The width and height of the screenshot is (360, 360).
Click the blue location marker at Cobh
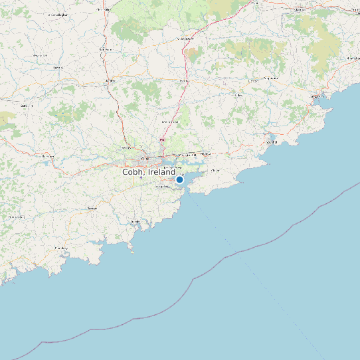click(179, 179)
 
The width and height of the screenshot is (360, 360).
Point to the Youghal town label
click(271, 141)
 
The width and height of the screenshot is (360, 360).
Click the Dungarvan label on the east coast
click(315, 96)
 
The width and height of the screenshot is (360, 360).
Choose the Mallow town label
click(110, 81)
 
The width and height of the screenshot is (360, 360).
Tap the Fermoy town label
click(185, 81)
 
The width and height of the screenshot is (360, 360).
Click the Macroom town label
click(47, 157)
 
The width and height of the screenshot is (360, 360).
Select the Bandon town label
click(92, 208)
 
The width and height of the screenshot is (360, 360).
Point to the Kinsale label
click(135, 221)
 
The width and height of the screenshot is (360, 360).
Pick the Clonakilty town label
click(61, 248)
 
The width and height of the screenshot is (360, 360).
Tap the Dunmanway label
click(16, 217)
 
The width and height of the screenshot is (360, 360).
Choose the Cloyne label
click(215, 171)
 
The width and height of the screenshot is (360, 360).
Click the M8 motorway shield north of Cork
click(163, 140)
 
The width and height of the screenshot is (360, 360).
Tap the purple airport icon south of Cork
click(141, 178)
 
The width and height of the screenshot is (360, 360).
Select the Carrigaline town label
click(162, 187)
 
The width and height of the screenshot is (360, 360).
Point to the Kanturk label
click(58, 67)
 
